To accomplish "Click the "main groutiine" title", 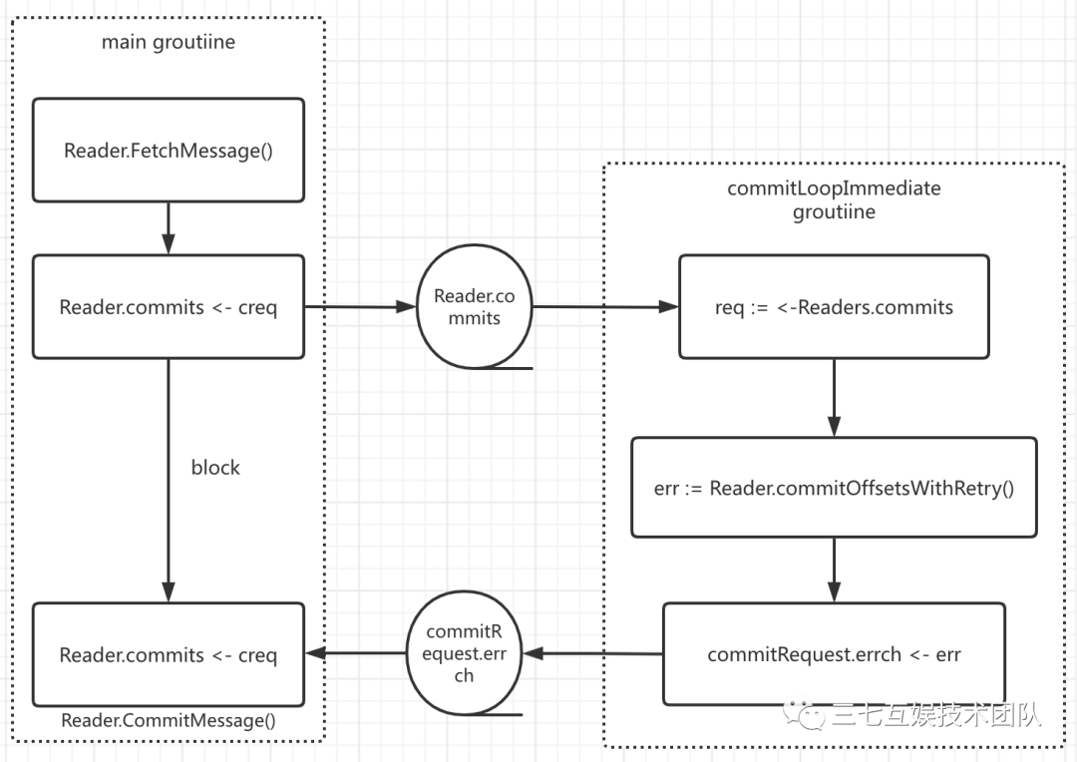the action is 169,43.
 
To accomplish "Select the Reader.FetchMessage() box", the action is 169,150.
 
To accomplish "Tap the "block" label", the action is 215,467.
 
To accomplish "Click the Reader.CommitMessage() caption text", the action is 169,720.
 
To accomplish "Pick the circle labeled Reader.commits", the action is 474,306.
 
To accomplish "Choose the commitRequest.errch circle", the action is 465,652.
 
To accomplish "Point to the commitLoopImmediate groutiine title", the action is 834,199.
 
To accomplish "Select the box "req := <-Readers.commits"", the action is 834,306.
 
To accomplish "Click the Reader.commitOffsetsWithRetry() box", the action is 834,487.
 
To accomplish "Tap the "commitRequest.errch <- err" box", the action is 834,654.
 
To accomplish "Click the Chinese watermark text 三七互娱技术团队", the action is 936,716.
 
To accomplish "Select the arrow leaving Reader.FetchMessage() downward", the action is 169,228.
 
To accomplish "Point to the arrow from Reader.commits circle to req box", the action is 606,306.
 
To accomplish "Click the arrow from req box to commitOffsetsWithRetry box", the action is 834,397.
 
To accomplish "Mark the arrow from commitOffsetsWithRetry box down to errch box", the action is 834,571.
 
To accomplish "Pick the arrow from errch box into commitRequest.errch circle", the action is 592,653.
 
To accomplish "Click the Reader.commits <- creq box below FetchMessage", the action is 169,306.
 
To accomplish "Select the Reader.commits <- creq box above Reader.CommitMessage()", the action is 169,654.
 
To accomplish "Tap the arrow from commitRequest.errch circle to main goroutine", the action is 356,652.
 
